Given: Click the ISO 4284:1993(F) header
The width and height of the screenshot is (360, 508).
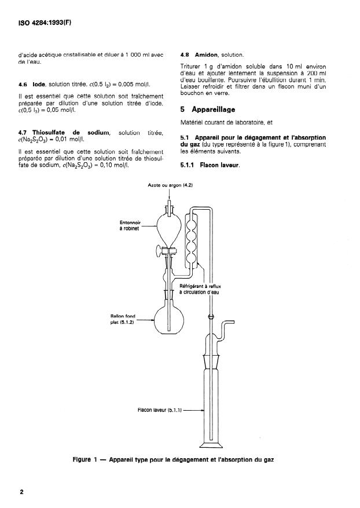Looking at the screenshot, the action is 45,23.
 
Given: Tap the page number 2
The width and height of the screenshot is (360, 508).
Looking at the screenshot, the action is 21,492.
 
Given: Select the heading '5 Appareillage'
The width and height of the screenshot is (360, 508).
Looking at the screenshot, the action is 208,109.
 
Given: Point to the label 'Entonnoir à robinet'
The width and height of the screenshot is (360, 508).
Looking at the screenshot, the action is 130,225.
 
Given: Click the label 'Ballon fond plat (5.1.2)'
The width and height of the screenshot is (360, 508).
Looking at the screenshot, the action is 123,319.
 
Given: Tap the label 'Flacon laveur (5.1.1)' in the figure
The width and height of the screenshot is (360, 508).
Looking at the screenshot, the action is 159,410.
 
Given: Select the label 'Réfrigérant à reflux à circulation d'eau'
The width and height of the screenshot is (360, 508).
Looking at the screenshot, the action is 200,289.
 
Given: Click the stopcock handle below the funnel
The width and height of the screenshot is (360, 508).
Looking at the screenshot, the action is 159,251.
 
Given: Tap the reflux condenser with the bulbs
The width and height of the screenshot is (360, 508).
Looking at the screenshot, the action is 191,239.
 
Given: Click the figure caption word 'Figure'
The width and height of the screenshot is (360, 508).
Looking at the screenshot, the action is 82,460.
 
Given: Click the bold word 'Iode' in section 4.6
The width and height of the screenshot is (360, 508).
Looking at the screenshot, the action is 39,85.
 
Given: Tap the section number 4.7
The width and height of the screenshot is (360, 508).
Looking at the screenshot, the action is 23,133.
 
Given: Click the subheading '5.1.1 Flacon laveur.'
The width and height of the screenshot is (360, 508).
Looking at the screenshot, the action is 210,165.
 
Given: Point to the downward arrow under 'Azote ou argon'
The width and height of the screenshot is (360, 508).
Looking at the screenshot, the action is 170,194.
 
